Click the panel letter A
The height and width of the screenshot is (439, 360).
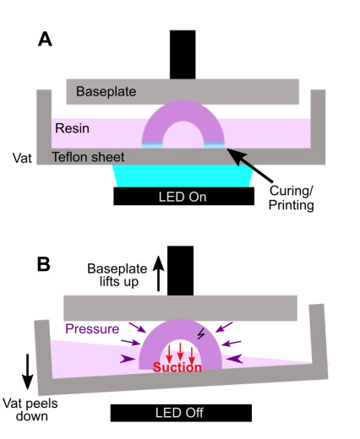[x=45, y=39]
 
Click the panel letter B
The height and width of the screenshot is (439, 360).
[x=44, y=264]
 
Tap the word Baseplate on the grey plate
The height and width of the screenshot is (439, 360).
[x=106, y=92]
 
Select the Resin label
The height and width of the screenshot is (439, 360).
[x=72, y=128]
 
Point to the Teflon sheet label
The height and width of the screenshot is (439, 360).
[x=88, y=157]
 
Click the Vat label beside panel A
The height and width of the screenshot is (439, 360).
[x=22, y=158]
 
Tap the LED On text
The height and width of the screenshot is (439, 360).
[x=183, y=197]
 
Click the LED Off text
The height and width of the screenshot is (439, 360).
[x=179, y=413]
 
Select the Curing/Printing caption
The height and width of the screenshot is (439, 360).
[x=292, y=198]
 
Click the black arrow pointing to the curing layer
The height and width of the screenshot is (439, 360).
[x=250, y=165]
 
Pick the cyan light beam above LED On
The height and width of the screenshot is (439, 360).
[x=183, y=176]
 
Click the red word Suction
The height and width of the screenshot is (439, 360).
[x=177, y=367]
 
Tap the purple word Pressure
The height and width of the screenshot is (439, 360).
[x=92, y=328]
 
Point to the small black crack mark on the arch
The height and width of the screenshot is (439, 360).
[x=201, y=333]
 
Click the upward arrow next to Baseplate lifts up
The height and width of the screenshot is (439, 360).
[x=158, y=274]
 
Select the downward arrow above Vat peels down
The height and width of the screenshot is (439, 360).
[x=28, y=371]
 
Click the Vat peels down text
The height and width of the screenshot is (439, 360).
[x=30, y=409]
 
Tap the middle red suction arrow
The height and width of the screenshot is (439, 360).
[x=180, y=352]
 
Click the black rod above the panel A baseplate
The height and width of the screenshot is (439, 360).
[x=183, y=55]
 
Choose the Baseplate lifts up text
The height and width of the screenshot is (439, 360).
[x=117, y=275]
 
